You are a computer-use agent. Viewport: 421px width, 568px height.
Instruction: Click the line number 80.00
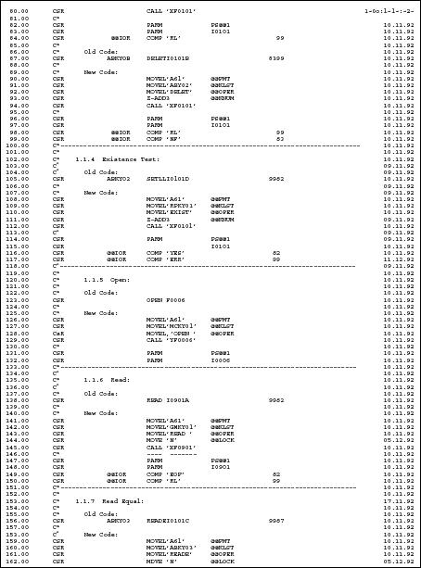(14, 9)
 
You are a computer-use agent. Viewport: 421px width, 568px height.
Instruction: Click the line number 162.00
(16, 562)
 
